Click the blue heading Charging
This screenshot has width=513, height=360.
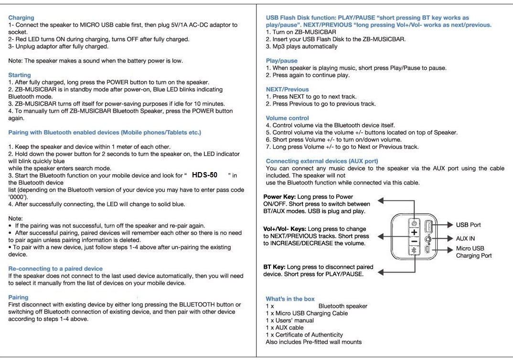coord(21,18)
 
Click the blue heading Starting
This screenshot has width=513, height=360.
coord(20,75)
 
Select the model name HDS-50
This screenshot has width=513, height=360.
coord(204,175)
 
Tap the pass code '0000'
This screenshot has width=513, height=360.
coord(18,197)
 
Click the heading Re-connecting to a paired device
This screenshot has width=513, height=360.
coord(55,269)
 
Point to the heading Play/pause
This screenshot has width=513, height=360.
coord(282,61)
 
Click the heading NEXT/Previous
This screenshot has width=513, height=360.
coord(287,89)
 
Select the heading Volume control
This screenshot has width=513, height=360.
coord(287,118)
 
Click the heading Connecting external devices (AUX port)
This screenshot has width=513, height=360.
coord(322,161)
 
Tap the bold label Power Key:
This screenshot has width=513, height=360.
coord(279,197)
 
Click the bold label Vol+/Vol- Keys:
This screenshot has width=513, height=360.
coord(285,229)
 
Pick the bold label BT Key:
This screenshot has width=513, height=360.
coord(274,267)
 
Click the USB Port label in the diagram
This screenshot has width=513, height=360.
coord(469,225)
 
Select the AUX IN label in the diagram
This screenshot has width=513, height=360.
coord(465,239)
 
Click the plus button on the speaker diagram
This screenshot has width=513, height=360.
coord(414,232)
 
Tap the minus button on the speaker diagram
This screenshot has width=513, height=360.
coord(414,241)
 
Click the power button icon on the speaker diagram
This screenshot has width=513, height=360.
coord(414,223)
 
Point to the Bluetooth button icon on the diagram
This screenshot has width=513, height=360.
coord(414,250)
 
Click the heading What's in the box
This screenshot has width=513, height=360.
coord(290,299)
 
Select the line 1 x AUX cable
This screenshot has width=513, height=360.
coord(285,327)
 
